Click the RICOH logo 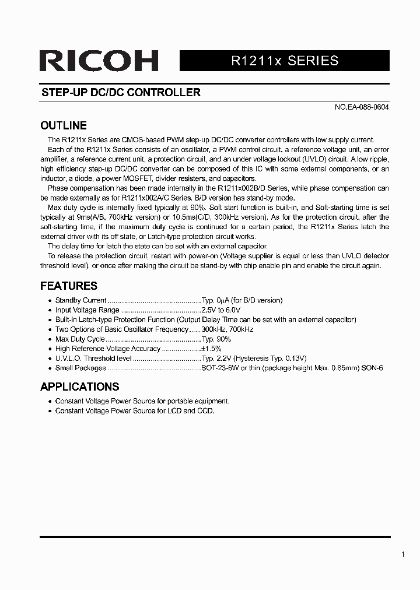(x=99, y=61)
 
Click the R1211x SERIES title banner (x=285, y=61)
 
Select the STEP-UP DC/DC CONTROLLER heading (x=121, y=93)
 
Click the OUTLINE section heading (x=64, y=125)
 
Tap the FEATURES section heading (x=69, y=286)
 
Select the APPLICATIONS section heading (x=79, y=387)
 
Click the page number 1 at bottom (x=402, y=554)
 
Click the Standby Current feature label (x=80, y=300)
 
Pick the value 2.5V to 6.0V (x=221, y=310)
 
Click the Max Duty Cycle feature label (x=80, y=339)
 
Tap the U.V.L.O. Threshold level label (x=93, y=359)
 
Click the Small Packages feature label (x=80, y=368)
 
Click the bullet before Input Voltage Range (x=50, y=311)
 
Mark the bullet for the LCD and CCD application (x=50, y=412)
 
